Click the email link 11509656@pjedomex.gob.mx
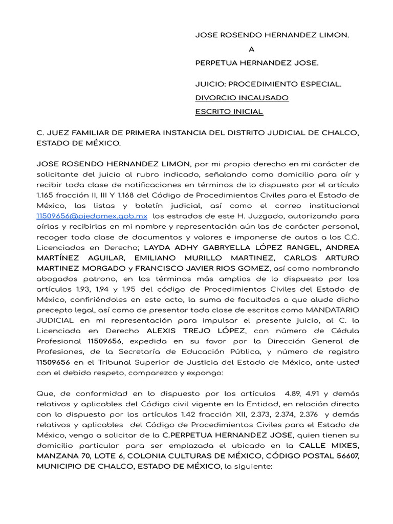(x=92, y=216)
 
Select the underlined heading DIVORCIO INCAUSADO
(x=242, y=97)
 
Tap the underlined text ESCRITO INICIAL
(x=229, y=111)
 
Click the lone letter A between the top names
(x=251, y=49)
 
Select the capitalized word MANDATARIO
(x=333, y=310)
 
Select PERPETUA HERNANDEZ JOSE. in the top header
(x=256, y=63)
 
